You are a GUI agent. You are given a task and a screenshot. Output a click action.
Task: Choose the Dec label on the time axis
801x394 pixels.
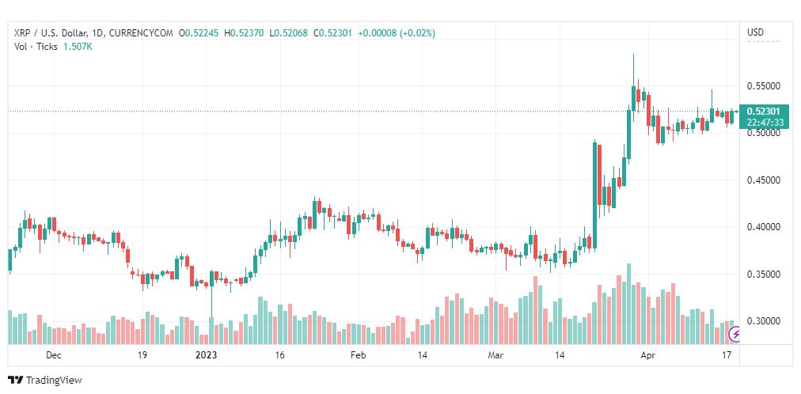pyautogui.click(x=54, y=356)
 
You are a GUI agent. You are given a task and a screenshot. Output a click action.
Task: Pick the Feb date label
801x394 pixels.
pyautogui.click(x=358, y=356)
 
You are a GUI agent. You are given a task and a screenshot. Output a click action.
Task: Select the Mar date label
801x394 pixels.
pyautogui.click(x=495, y=356)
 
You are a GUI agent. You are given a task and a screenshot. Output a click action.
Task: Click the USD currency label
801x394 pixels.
pyautogui.click(x=756, y=32)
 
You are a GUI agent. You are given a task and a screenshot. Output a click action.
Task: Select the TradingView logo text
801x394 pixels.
pyautogui.click(x=54, y=380)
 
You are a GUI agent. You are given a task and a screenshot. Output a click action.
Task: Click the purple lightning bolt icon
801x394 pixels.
pyautogui.click(x=736, y=335)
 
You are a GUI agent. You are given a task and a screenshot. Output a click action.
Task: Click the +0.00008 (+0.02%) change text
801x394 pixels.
pyautogui.click(x=396, y=32)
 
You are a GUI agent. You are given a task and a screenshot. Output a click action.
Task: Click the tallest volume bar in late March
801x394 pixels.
pyautogui.click(x=628, y=305)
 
